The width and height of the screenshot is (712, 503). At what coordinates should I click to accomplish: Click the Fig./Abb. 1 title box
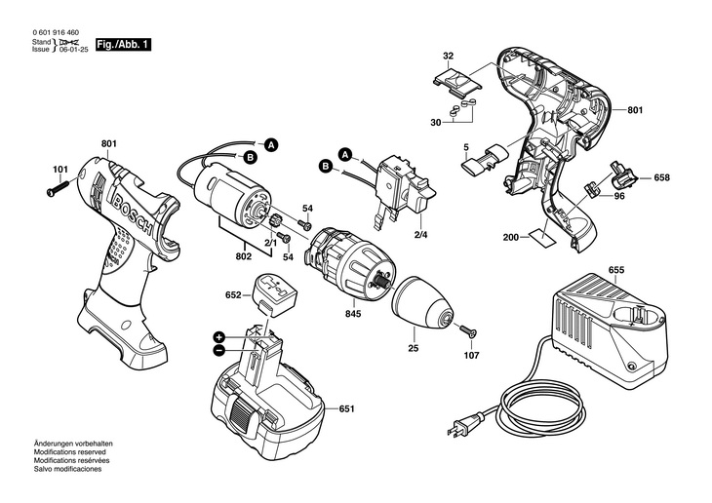point(123,45)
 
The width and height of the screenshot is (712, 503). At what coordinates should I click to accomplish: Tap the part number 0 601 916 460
point(56,33)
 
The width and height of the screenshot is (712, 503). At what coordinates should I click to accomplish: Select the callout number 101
point(59,170)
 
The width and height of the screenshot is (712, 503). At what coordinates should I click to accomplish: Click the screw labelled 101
point(58,189)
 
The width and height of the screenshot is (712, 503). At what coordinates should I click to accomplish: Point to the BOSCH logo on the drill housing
point(132,213)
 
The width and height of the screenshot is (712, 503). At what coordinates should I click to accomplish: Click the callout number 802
point(244,256)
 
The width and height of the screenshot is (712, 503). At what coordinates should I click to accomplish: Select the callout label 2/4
point(421,235)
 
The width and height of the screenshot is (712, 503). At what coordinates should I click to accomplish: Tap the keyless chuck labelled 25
point(422,302)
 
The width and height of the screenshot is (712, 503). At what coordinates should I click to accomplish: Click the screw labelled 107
point(468,330)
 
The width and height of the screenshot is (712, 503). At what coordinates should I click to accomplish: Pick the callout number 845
point(353,313)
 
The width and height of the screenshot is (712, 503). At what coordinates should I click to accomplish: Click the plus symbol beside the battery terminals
point(219,337)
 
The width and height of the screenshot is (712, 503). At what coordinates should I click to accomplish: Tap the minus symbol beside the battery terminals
point(219,350)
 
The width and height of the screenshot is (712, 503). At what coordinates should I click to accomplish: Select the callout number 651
point(346,408)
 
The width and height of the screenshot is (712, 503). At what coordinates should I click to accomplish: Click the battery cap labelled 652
point(276,293)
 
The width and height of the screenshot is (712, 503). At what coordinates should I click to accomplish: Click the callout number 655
point(616,270)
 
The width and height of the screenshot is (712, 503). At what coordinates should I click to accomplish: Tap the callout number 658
point(661,177)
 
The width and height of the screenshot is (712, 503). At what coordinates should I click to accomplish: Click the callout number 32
point(448,56)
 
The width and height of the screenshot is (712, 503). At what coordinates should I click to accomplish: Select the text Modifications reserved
point(69,452)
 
